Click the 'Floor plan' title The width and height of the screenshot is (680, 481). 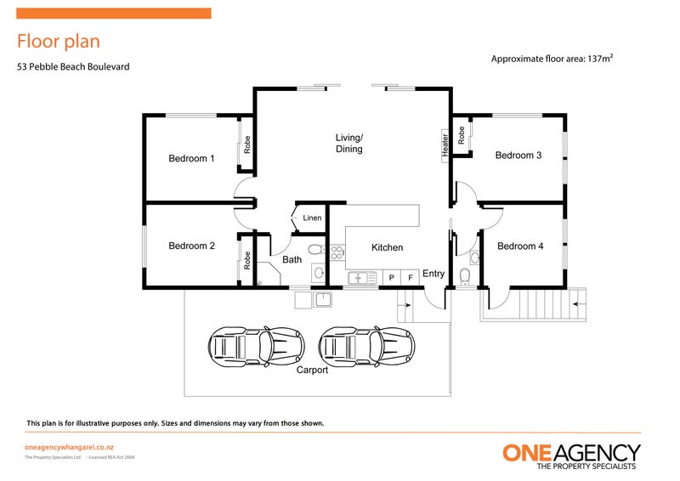point(59,41)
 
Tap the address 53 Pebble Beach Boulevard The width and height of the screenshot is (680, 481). point(73,66)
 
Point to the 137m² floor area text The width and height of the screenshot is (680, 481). point(552,59)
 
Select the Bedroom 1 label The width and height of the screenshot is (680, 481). point(191,158)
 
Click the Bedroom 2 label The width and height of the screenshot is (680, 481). point(191,246)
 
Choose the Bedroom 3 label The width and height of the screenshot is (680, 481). point(518,156)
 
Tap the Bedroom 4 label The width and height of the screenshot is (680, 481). point(519,246)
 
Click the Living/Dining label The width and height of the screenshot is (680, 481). point(348,144)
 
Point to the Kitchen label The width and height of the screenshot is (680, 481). point(387,247)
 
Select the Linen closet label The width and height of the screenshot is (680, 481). point(312,218)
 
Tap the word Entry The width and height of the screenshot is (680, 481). point(433,274)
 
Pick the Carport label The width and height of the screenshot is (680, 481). point(312,370)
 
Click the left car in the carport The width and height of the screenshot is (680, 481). point(256,345)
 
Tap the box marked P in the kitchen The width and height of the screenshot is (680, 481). point(392,277)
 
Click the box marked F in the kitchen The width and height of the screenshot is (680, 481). point(411,277)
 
